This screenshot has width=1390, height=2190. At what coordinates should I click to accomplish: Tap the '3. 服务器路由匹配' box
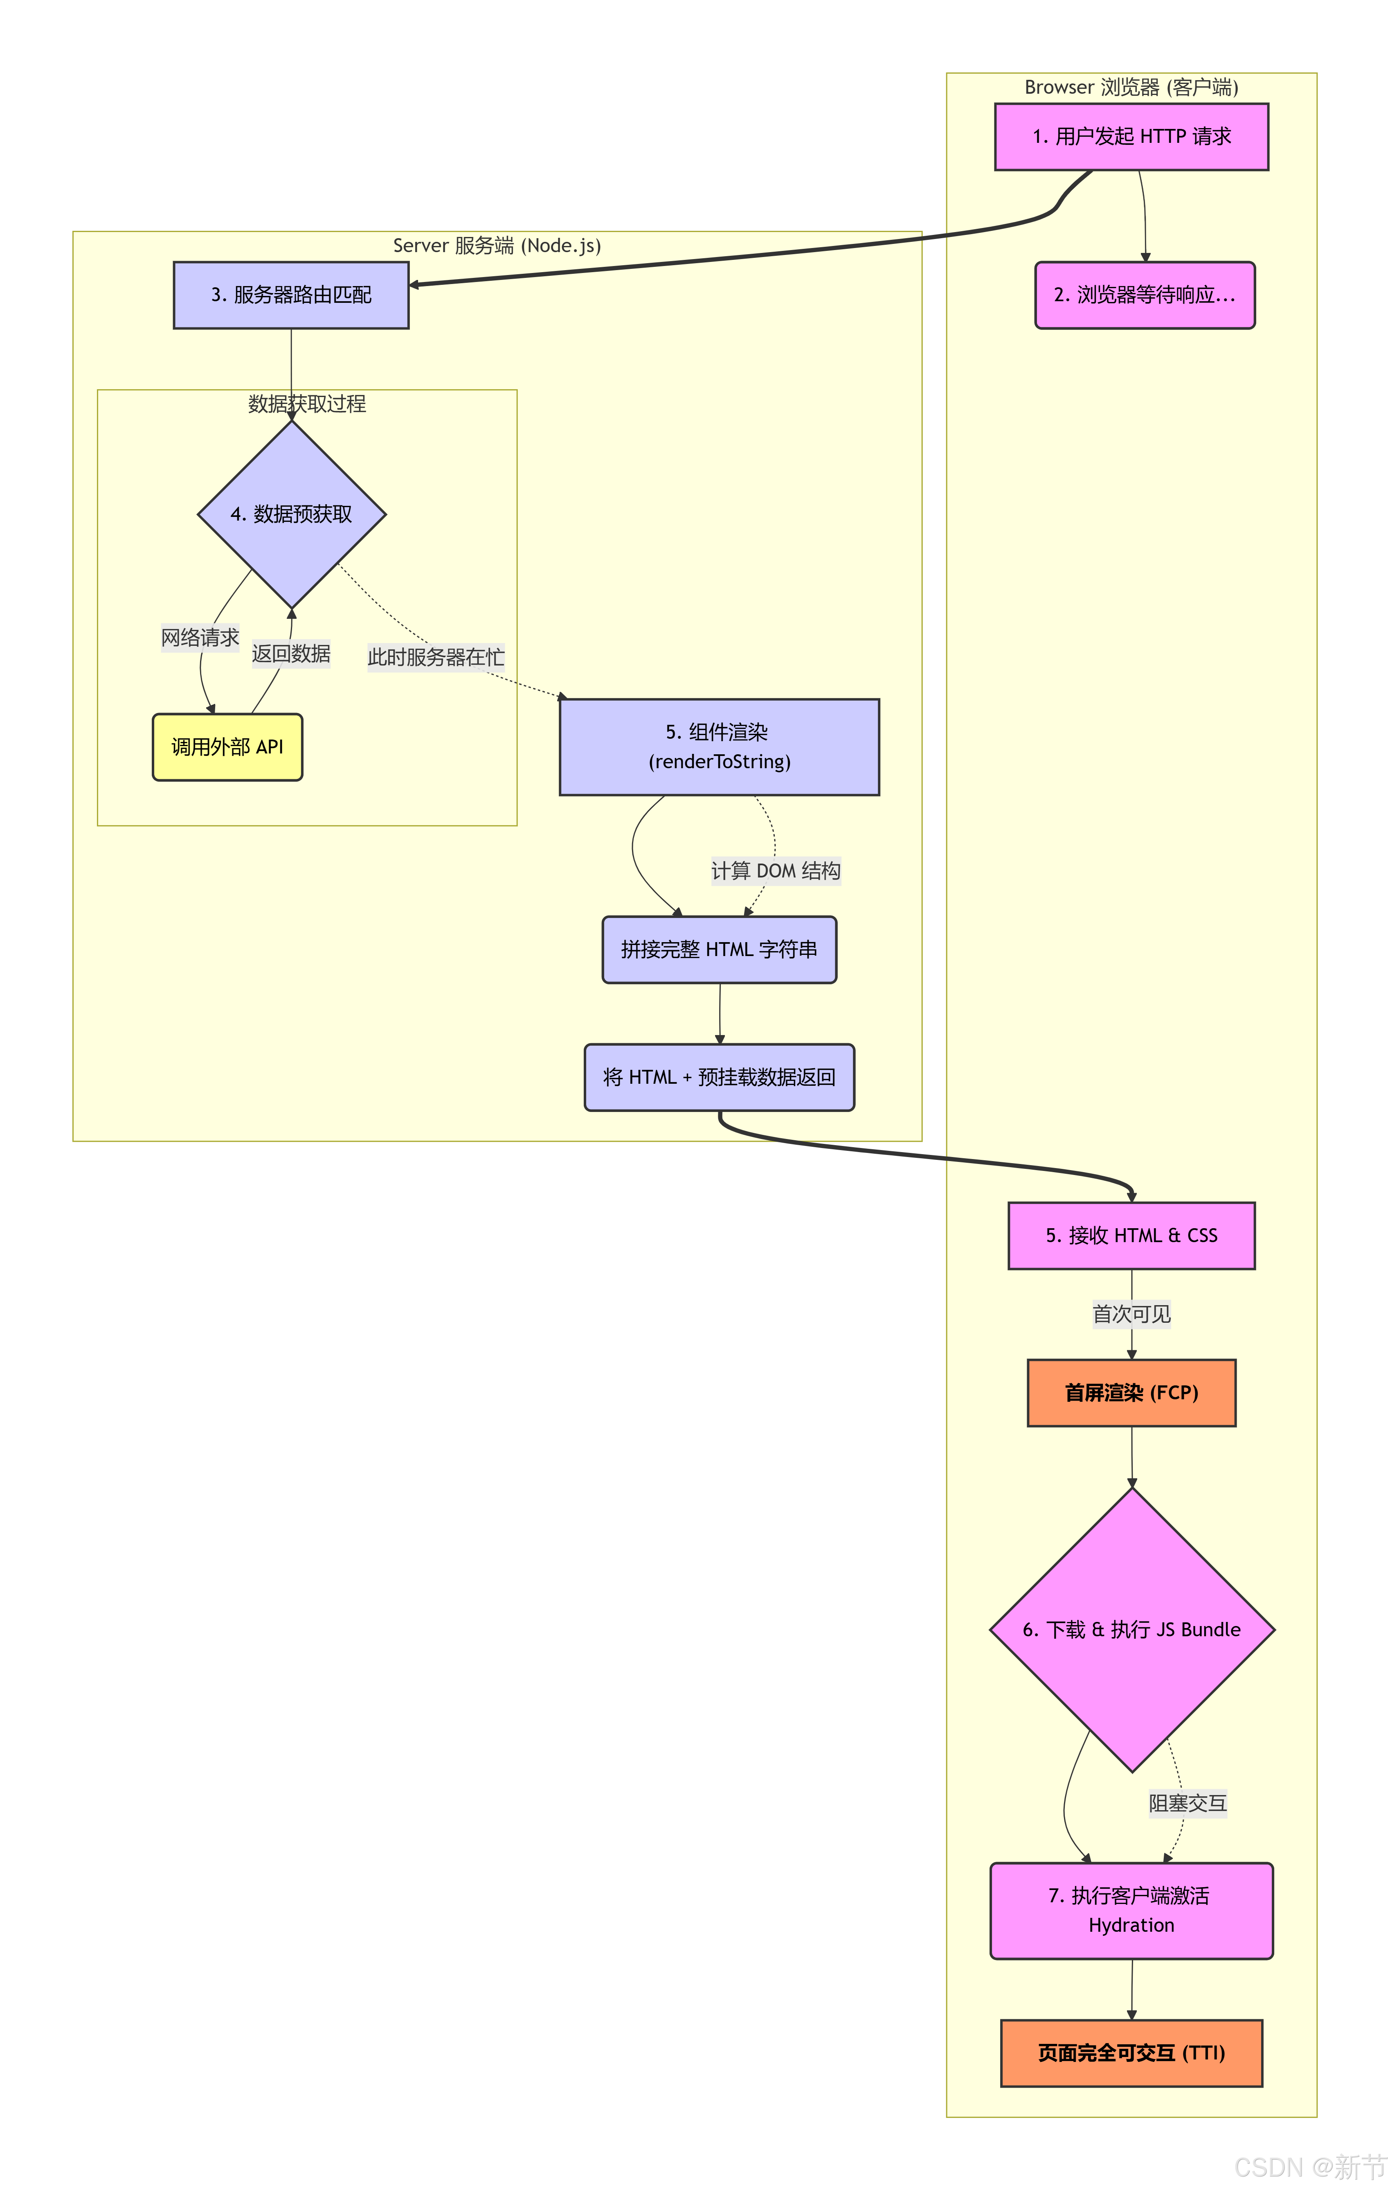291,295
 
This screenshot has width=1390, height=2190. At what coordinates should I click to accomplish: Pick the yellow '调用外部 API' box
227,747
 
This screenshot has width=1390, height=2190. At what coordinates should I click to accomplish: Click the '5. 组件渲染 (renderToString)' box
719,747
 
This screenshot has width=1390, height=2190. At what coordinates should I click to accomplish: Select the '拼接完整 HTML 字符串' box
719,950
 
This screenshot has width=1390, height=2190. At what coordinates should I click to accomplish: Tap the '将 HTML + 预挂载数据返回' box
719,1077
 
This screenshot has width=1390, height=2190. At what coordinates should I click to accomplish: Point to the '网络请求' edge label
200,638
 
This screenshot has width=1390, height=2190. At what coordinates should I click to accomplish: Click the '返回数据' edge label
291,654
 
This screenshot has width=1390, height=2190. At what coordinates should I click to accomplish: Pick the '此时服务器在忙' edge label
436,656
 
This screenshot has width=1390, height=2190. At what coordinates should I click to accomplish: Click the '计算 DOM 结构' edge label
776,871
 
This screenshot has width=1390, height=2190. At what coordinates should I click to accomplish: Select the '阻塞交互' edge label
1187,1802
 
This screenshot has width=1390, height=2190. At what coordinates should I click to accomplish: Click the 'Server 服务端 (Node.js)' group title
496,246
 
